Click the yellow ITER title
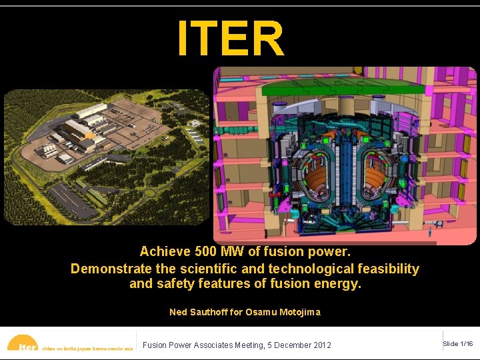(x=231, y=39)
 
